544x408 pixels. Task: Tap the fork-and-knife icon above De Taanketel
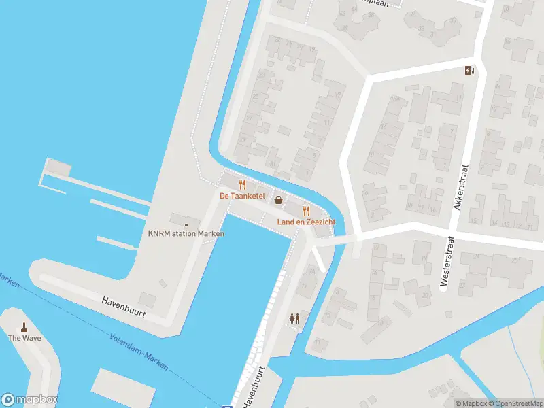tap(241, 185)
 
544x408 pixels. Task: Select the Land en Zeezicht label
tap(305, 222)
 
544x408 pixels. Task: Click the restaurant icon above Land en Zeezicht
tap(306, 211)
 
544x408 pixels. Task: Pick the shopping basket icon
tap(278, 200)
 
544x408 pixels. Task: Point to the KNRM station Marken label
tap(186, 234)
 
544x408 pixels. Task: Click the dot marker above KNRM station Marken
tap(186, 224)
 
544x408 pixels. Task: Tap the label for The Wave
tap(24, 338)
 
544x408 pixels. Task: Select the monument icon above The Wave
tap(24, 327)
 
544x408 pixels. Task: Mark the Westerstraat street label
tap(446, 264)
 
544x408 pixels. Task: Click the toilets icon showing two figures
tap(294, 318)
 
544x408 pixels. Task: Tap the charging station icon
tap(469, 70)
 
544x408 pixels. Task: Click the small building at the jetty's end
tap(58, 167)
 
